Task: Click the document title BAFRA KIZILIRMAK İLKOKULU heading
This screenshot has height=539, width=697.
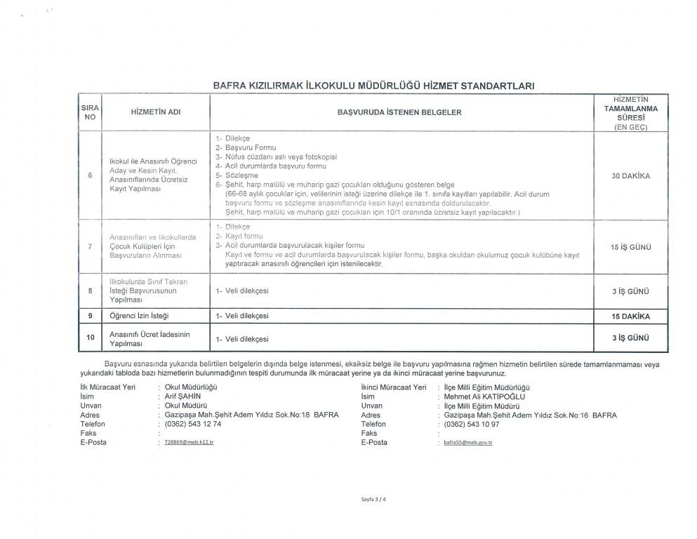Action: [x=373, y=86]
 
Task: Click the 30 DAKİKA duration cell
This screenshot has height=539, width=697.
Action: [x=630, y=176]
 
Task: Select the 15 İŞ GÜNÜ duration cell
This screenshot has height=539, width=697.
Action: [x=630, y=247]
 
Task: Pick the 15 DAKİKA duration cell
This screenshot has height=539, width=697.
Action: [x=630, y=317]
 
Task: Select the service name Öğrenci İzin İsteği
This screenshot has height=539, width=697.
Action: [x=139, y=317]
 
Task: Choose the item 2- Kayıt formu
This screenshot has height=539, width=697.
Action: [x=239, y=237]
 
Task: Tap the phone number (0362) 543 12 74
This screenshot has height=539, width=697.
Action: [x=193, y=424]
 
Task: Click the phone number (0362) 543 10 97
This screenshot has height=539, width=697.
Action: [x=472, y=424]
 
